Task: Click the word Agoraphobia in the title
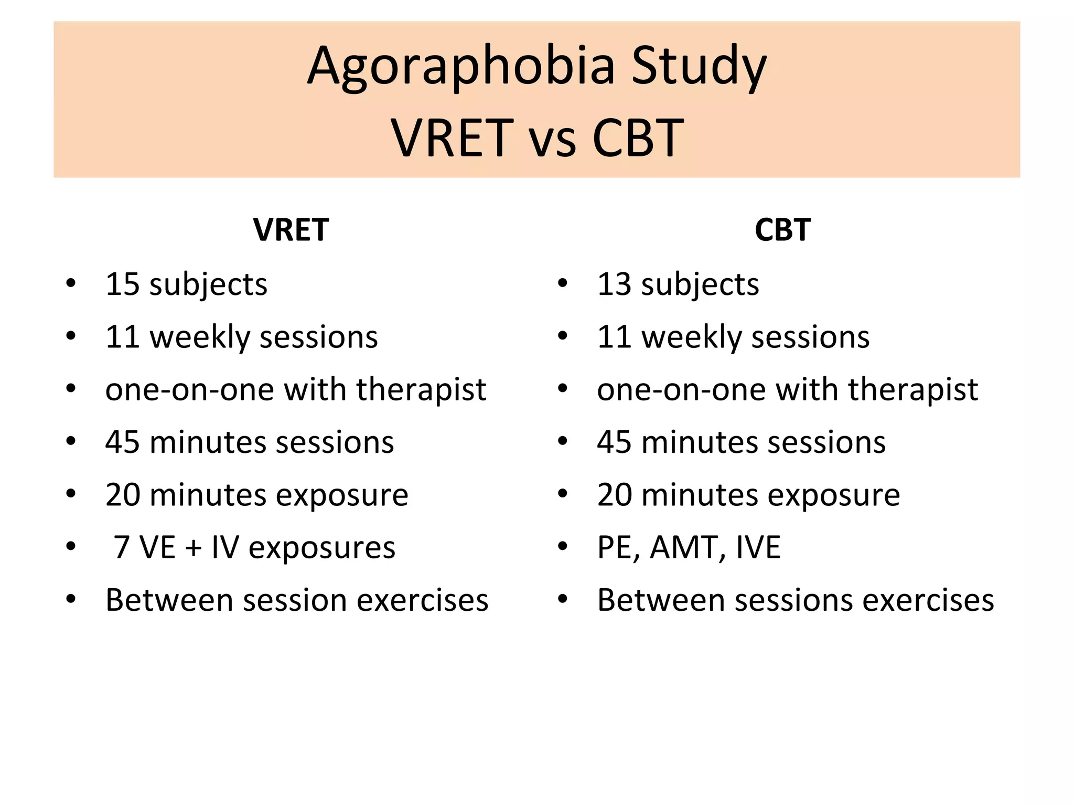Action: tap(461, 67)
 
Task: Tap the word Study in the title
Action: tap(699, 67)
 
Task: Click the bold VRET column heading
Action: tap(291, 230)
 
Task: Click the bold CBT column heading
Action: tap(782, 230)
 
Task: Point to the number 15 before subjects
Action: tap(122, 284)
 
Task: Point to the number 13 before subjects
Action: tap(614, 284)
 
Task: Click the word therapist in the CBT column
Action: tap(912, 390)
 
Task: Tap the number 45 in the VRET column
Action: tap(122, 442)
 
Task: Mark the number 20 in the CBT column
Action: tap(614, 495)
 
